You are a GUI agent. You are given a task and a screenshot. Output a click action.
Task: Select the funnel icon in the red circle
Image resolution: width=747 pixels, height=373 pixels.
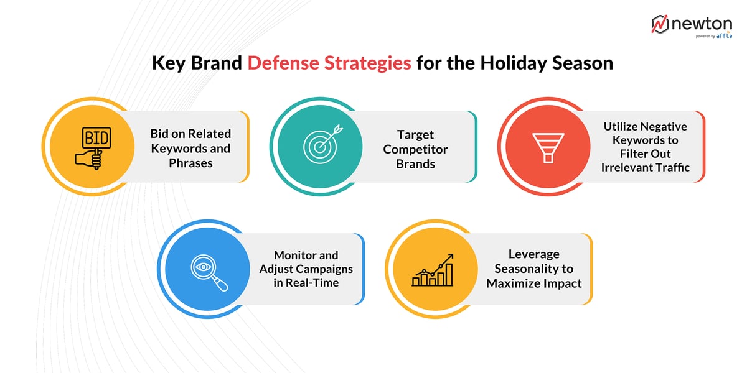pyautogui.click(x=547, y=147)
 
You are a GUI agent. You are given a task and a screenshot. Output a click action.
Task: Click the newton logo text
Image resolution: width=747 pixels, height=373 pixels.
pyautogui.click(x=701, y=24)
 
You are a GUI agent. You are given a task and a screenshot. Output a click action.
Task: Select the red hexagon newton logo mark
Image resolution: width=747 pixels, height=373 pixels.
pyautogui.click(x=660, y=24)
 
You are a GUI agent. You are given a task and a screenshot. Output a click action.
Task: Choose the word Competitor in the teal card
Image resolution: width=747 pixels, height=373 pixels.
pyautogui.click(x=415, y=149)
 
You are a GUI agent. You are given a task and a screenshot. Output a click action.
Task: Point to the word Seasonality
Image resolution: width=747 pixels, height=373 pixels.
pyautogui.click(x=533, y=269)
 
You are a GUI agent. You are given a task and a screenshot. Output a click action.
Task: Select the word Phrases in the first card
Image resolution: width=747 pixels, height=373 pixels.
pyautogui.click(x=190, y=163)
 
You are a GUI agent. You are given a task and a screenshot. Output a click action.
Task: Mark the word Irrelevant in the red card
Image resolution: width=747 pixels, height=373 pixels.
pyautogui.click(x=627, y=167)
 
